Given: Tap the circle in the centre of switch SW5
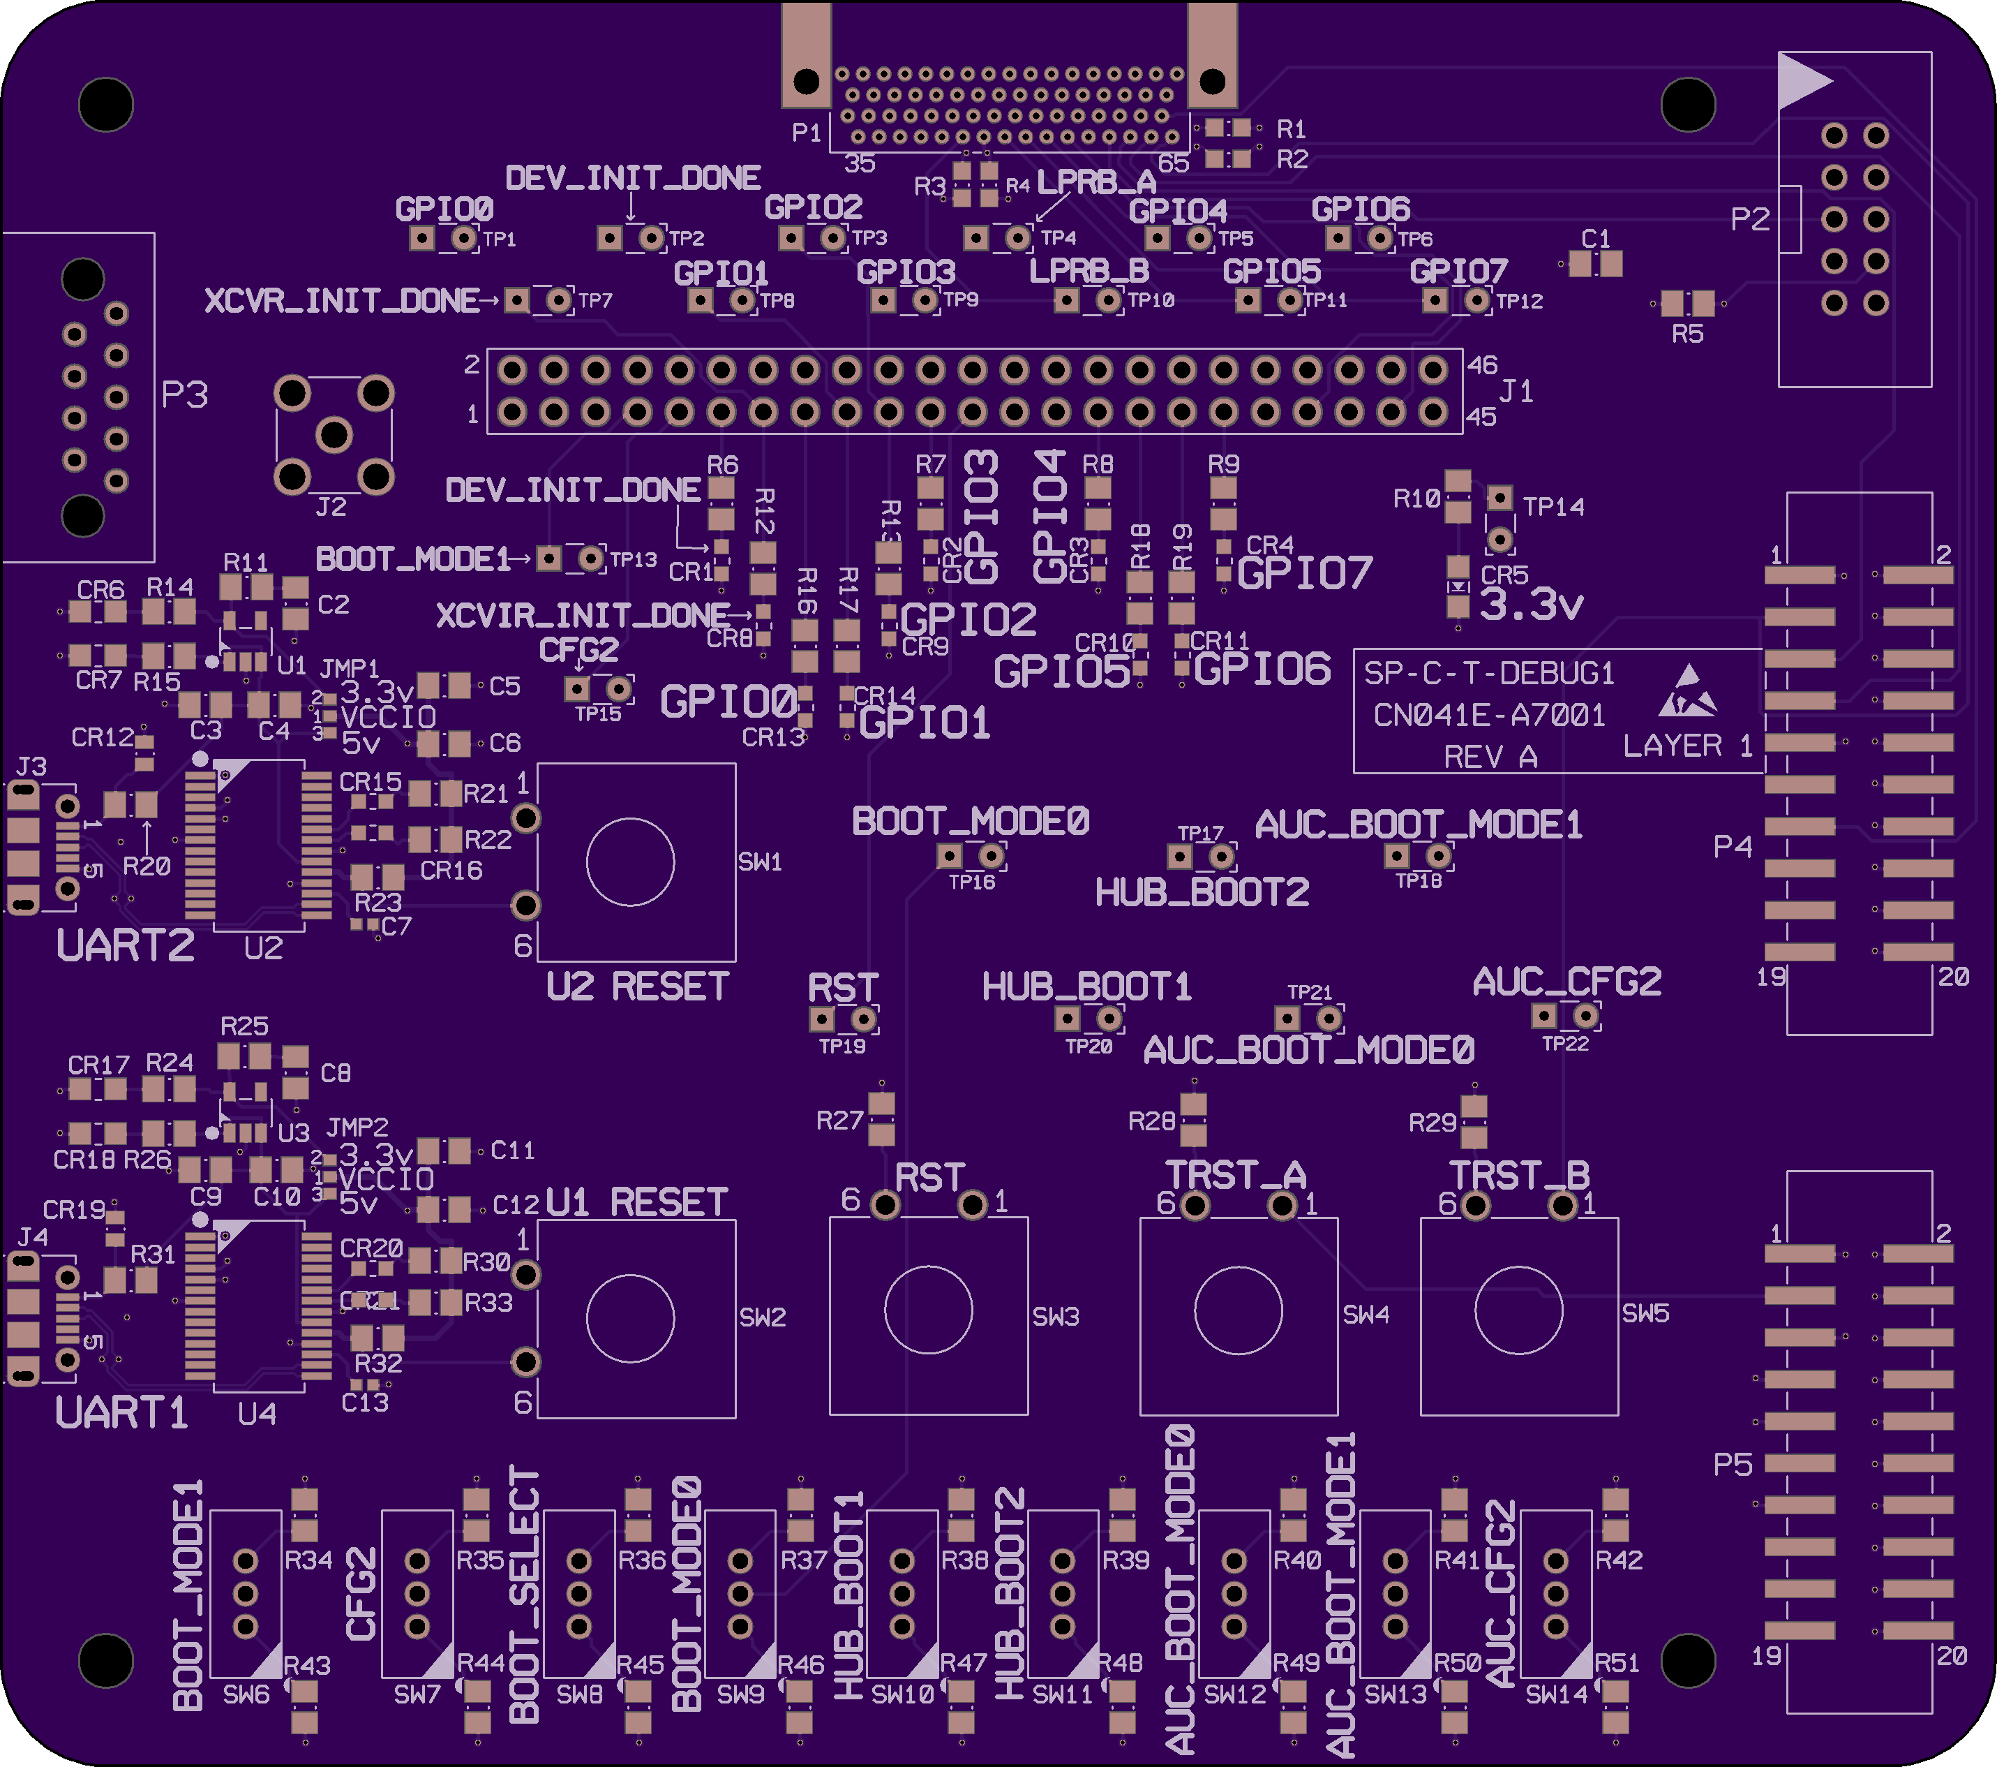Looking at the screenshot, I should pos(1518,1310).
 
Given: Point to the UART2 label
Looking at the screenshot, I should pos(125,945).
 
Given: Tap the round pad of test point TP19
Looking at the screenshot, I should pos(864,1020).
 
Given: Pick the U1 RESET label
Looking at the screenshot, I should pos(637,1202).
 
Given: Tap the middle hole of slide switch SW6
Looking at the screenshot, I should pos(245,1594).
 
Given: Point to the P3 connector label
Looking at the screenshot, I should pos(185,395).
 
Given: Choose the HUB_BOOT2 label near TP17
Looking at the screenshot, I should pos(1202,892).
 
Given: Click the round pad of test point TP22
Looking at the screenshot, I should pos(1586,1016).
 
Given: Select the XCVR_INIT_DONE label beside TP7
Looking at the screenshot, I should pos(341,300).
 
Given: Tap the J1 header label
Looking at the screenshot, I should pos(1516,392).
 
